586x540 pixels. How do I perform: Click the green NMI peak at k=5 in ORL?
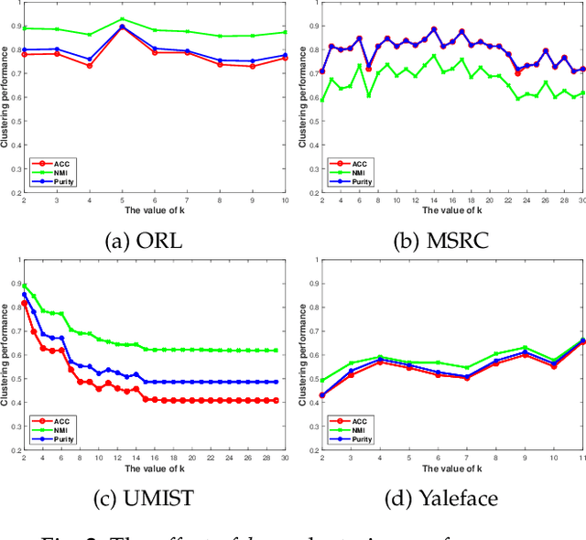point(122,19)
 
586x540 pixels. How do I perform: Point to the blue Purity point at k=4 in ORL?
point(89,59)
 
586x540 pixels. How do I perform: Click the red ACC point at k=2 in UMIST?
point(25,303)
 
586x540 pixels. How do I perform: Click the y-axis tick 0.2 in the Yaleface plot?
point(314,450)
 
